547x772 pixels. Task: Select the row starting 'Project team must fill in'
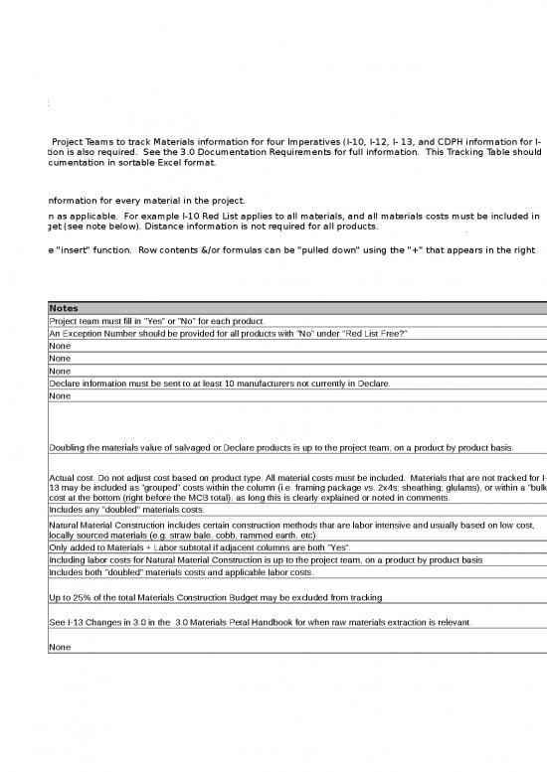point(155,322)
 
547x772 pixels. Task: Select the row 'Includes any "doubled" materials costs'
point(125,510)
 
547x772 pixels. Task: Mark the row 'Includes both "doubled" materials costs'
point(159,573)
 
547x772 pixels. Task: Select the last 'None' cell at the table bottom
point(60,646)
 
